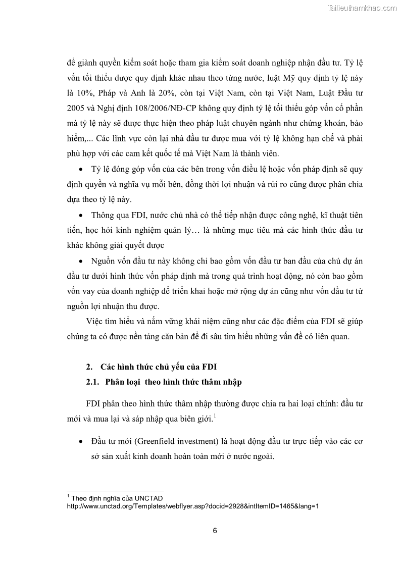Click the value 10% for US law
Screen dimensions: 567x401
click(85, 93)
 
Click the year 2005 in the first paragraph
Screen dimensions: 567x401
click(76, 109)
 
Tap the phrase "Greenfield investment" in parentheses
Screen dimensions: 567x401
click(176, 441)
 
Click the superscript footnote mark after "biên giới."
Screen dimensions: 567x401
click(215, 417)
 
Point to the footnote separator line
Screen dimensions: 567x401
click(115, 491)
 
